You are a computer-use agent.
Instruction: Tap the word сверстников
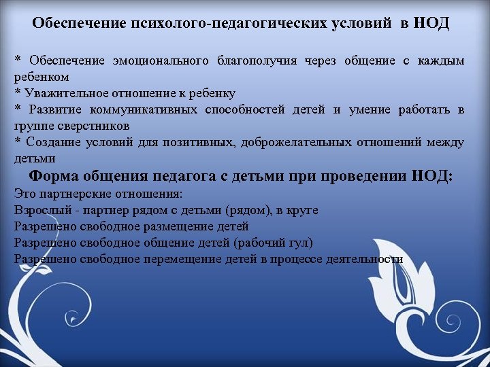pos(80,126)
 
